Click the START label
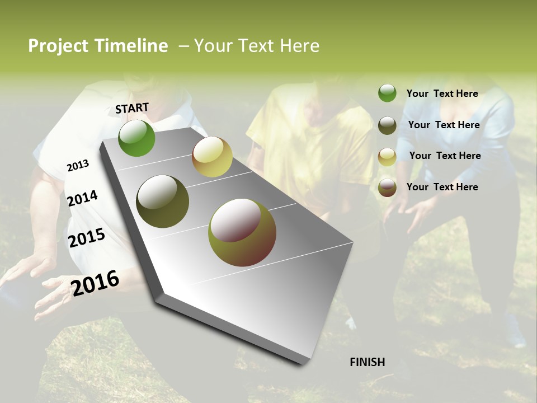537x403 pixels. tap(132, 108)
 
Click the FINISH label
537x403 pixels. tap(368, 362)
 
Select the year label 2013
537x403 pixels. tap(78, 166)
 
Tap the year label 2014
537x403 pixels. tap(82, 198)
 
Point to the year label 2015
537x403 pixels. tap(87, 238)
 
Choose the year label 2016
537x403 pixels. tap(95, 283)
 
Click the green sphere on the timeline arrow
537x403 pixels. tap(136, 138)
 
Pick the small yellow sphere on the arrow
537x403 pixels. tap(212, 157)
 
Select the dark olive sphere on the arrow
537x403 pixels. tap(163, 201)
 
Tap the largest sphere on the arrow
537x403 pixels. tap(242, 232)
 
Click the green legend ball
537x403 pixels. tap(387, 93)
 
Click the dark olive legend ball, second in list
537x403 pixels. tap(387, 125)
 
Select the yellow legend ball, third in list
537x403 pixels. tap(387, 156)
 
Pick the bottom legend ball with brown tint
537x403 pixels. tap(387, 188)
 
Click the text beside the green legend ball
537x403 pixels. tap(442, 93)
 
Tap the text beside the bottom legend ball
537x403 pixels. tap(442, 187)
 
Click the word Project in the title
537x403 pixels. tap(58, 46)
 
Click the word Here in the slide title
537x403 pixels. tap(299, 46)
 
